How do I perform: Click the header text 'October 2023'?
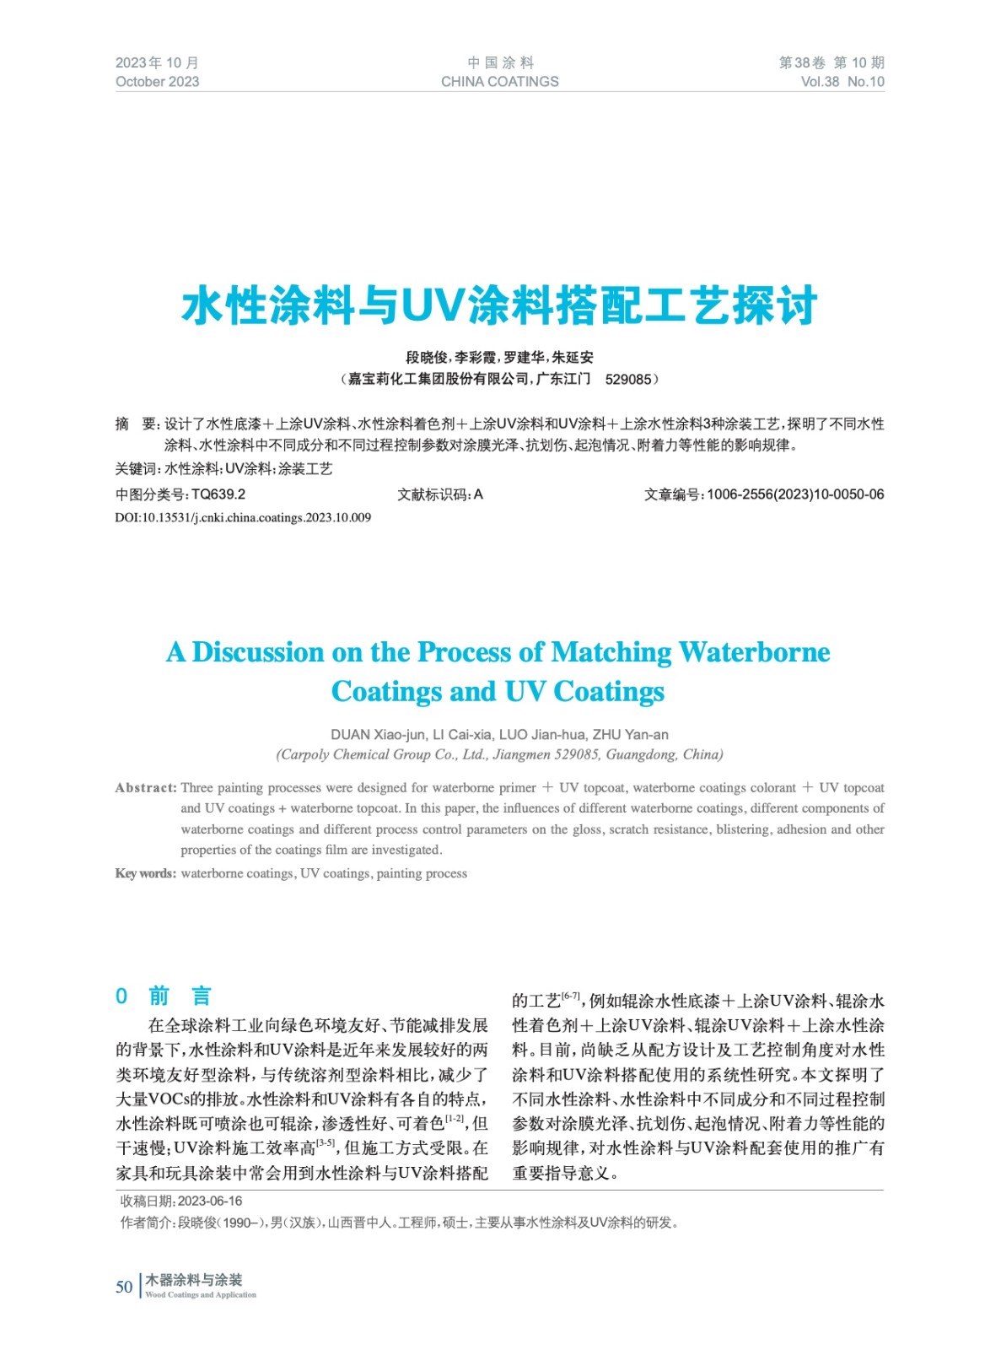(x=157, y=82)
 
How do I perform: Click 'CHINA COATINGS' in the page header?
(x=499, y=82)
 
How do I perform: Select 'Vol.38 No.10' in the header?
(x=842, y=82)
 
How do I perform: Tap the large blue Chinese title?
(x=499, y=305)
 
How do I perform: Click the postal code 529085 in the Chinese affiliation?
(x=628, y=380)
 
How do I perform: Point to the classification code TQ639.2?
(x=218, y=494)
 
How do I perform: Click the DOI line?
(x=243, y=517)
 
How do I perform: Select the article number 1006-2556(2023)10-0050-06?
(x=795, y=494)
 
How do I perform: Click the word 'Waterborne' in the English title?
(x=754, y=652)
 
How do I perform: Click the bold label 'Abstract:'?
(x=146, y=788)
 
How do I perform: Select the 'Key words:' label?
(x=146, y=873)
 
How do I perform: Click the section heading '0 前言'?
(x=164, y=996)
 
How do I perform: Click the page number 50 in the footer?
(x=124, y=1287)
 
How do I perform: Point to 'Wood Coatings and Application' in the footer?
(x=201, y=1294)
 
